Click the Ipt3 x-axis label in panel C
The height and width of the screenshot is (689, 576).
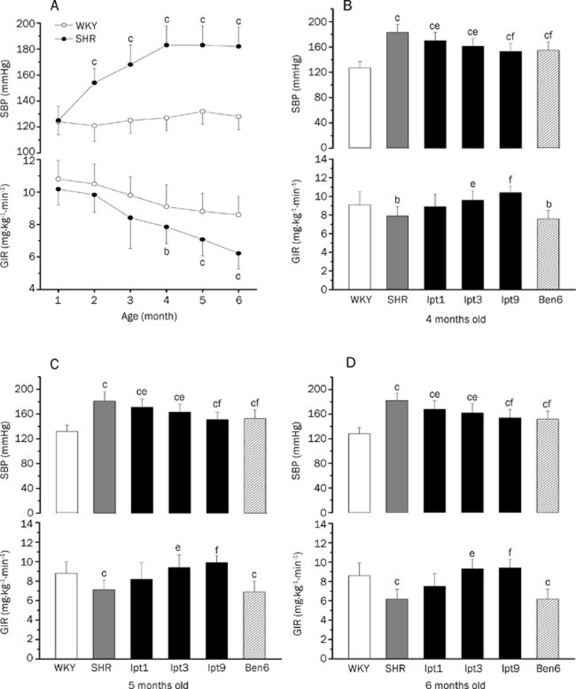point(181,664)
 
